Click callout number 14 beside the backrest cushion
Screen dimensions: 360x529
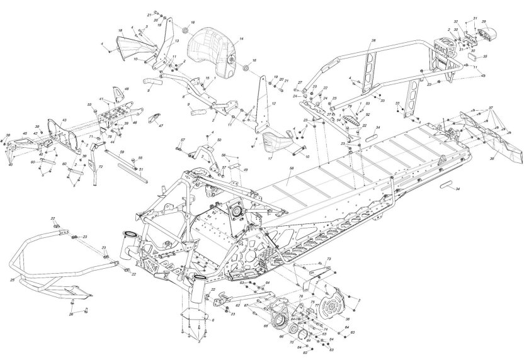(x=241, y=39)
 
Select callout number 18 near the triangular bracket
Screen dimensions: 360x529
(x=120, y=30)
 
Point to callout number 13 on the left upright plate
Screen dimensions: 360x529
(x=177, y=41)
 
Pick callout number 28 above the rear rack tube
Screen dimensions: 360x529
(x=373, y=40)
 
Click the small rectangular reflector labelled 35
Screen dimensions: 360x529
(x=484, y=57)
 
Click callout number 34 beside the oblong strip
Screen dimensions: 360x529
(x=458, y=189)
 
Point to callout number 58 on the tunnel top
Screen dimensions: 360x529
(x=290, y=169)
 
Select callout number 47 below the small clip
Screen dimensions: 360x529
(x=161, y=126)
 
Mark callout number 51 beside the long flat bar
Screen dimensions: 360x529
(x=141, y=169)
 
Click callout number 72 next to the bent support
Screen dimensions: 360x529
(x=100, y=167)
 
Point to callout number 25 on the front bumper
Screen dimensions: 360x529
(x=13, y=278)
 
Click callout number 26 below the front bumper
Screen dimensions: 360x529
(x=71, y=313)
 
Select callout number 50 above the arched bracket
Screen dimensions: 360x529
(x=219, y=140)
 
